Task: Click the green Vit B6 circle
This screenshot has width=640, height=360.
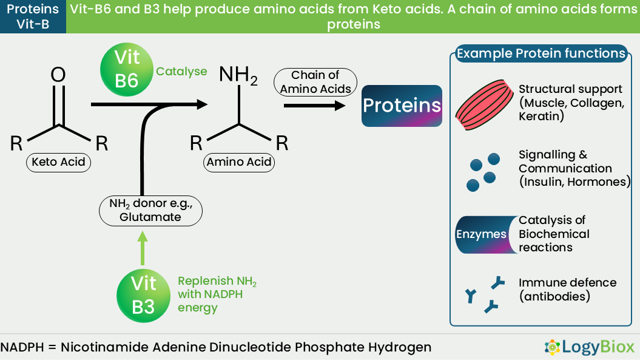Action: pos(127,69)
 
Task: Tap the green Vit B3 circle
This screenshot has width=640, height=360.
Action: pos(143,296)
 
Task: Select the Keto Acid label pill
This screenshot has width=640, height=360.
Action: pos(58,162)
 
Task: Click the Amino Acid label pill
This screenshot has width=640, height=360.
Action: pos(239,162)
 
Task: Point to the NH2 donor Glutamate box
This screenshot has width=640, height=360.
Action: pos(150,211)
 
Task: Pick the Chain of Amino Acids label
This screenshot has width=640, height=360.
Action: pos(315,82)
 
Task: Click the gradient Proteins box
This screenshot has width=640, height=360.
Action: pos(402,106)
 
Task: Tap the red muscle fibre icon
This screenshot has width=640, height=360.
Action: pos(485,104)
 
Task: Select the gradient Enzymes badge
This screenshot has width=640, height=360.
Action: pos(486,234)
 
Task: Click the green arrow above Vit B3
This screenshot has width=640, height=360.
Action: pos(143,248)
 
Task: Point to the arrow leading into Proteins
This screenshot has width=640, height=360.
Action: pos(314,106)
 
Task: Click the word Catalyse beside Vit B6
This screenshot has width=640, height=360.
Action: pos(181,72)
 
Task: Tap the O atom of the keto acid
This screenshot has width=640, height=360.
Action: pos(58,75)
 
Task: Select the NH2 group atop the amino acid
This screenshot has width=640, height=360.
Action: pos(238,75)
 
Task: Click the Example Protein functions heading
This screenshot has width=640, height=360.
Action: pos(541,53)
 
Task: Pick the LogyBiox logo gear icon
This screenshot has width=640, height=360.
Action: pos(552,347)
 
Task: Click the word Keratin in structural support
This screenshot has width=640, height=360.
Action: pos(539,117)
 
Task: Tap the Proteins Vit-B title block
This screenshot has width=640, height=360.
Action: pos(33,17)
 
